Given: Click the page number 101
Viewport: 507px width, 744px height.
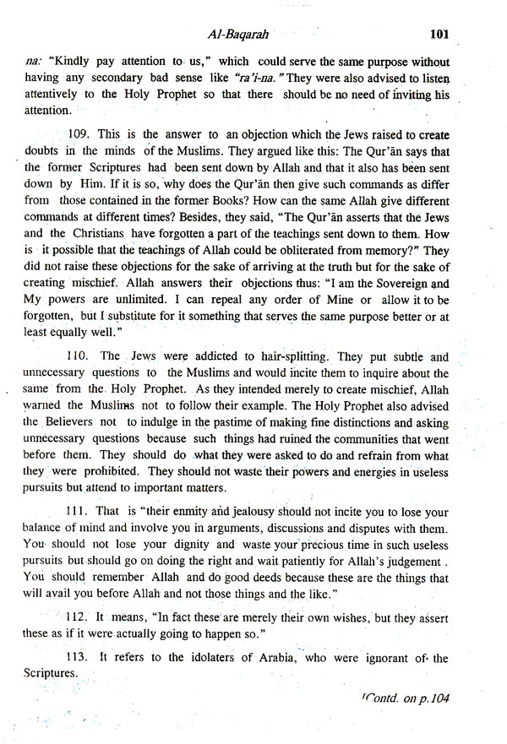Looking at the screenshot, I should pyautogui.click(x=443, y=35).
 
